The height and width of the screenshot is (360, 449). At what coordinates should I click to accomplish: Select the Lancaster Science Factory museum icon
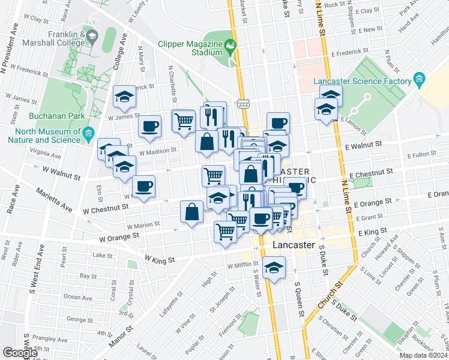tap(418, 80)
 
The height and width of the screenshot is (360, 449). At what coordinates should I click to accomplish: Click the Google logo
tap(20, 353)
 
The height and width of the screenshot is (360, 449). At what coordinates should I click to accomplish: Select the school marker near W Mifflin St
tap(274, 267)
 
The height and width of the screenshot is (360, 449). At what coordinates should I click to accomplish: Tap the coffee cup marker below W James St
tap(149, 127)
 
